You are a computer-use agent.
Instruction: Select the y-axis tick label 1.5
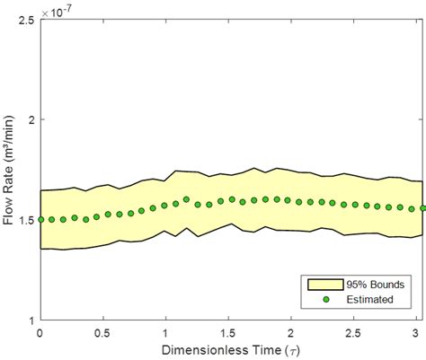(x=25, y=219)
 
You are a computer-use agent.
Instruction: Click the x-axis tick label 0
(x=40, y=332)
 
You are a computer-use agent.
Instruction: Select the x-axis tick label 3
(x=418, y=332)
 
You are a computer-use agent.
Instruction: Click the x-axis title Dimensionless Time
(x=231, y=349)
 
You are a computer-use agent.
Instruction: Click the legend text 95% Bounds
(x=373, y=284)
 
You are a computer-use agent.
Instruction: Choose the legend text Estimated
(x=369, y=300)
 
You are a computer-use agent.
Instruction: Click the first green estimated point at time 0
(x=40, y=219)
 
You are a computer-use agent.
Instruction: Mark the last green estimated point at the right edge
(x=422, y=208)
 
